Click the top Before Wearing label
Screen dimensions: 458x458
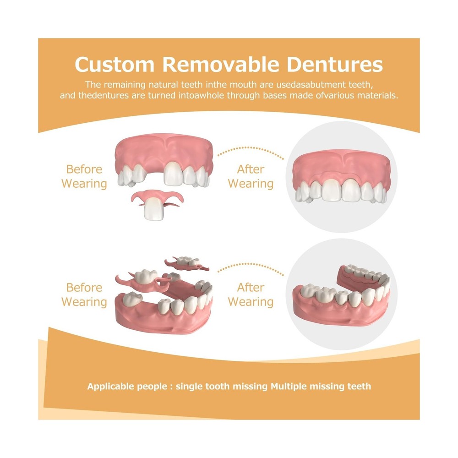(x=84, y=176)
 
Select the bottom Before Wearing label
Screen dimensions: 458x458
(x=84, y=294)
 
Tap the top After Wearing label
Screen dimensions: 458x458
(x=251, y=176)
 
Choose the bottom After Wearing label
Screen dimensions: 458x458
(x=251, y=294)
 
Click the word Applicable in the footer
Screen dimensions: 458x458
(x=109, y=387)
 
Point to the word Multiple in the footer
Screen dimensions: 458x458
(x=289, y=386)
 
